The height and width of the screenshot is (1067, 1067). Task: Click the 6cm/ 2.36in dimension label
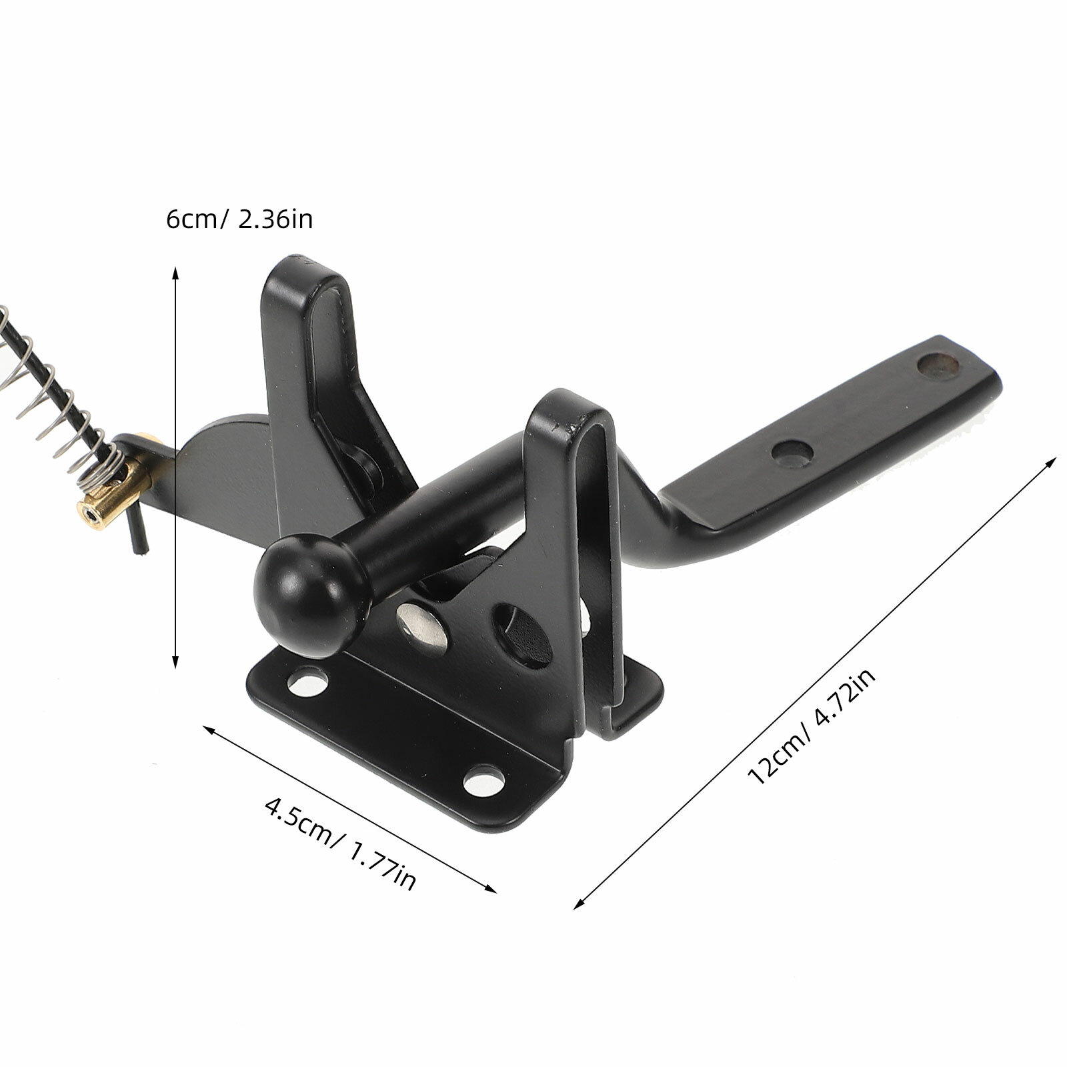click(239, 219)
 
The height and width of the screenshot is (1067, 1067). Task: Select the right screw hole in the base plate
click(484, 780)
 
